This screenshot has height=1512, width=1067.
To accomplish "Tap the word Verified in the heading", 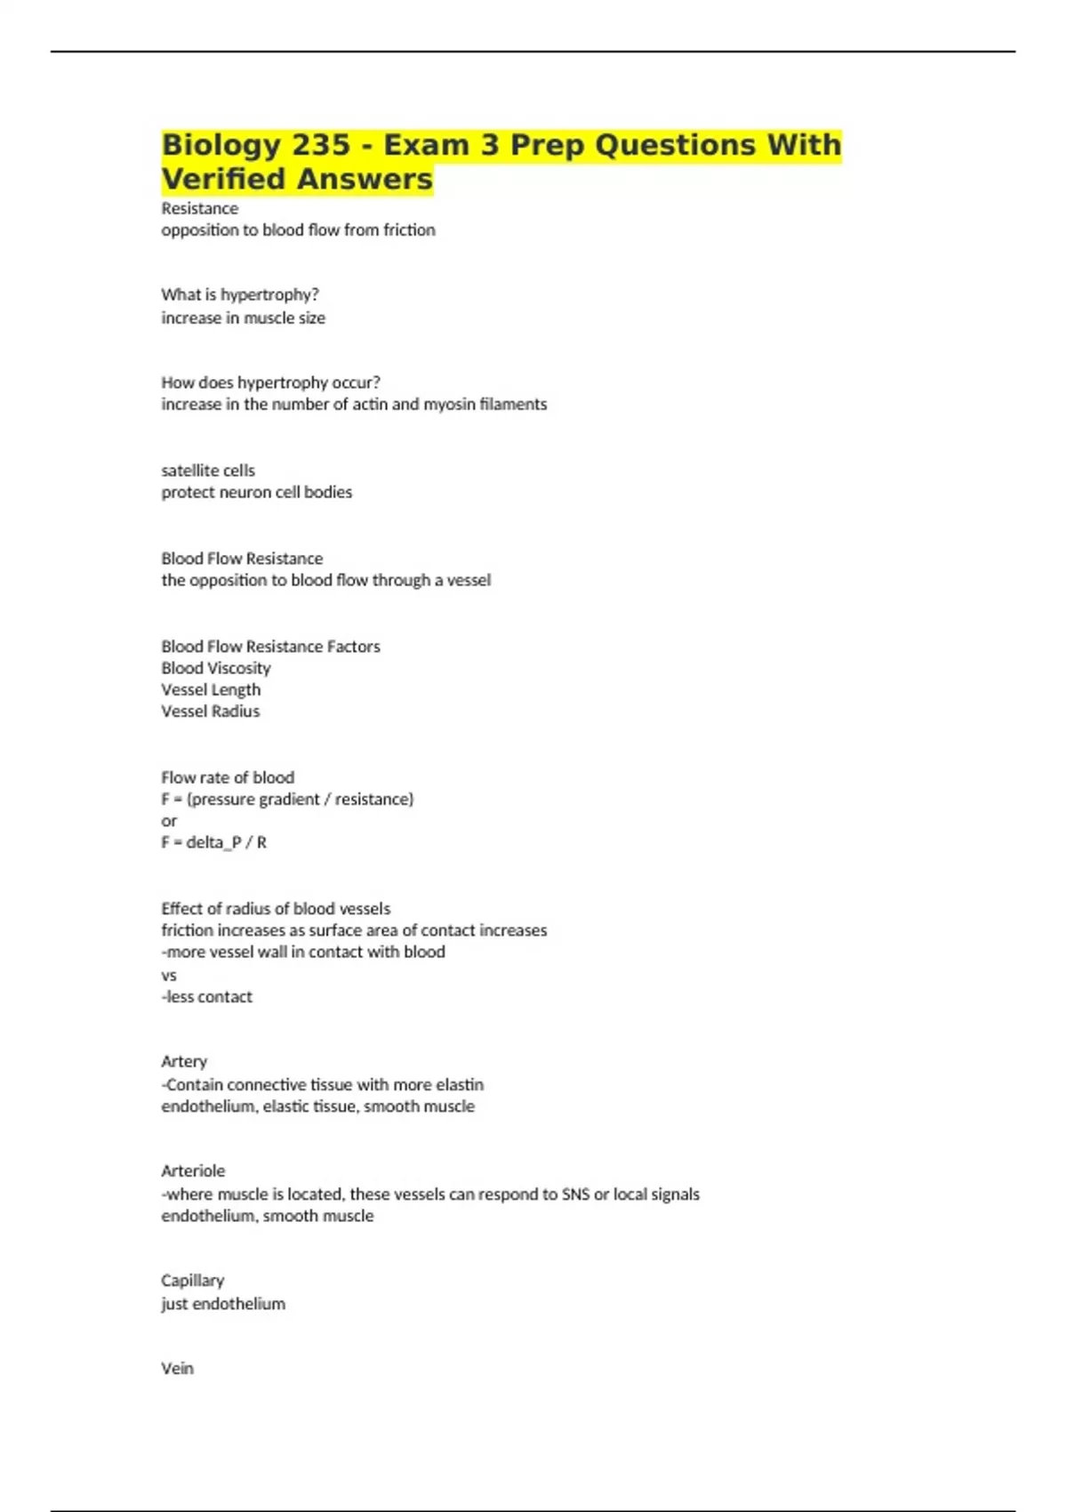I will tap(224, 179).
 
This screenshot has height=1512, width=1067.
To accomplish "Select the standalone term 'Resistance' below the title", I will tap(200, 208).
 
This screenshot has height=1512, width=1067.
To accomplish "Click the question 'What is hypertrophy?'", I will tap(240, 294).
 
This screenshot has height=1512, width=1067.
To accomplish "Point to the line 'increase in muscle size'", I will tap(243, 318).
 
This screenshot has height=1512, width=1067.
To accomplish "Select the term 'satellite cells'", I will tap(208, 470).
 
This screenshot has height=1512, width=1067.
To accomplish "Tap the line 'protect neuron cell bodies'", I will tap(256, 492).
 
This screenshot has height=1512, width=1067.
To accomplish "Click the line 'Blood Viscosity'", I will tap(216, 668).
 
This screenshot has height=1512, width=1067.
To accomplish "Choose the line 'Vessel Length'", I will tap(211, 689).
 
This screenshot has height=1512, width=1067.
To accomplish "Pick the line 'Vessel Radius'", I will tap(211, 711).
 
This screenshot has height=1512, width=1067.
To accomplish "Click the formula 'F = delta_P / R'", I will tap(213, 841).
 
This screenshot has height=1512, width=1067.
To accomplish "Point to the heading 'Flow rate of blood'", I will tap(228, 777).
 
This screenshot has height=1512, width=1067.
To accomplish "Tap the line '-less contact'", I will tap(207, 996).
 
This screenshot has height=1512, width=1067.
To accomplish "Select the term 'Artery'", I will tap(184, 1061).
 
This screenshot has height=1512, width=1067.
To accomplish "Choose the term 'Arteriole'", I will tap(193, 1170).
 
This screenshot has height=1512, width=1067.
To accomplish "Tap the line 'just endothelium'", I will tap(223, 1303).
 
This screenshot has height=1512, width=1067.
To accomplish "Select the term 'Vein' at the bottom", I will tap(177, 1368).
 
